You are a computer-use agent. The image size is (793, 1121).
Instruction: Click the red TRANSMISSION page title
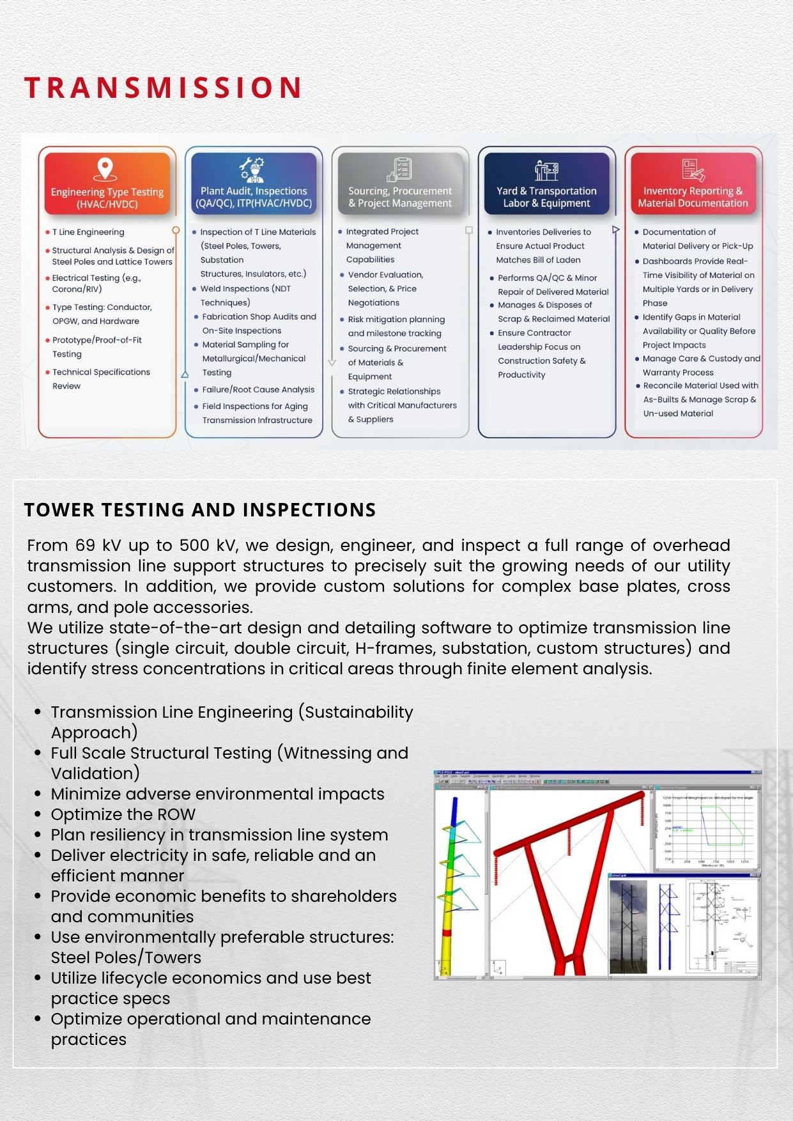pos(163,88)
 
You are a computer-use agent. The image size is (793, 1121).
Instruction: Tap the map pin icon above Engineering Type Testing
pos(105,169)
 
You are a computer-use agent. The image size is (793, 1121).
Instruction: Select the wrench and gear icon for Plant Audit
pos(252,169)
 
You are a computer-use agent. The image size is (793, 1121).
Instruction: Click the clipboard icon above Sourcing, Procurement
pos(400,169)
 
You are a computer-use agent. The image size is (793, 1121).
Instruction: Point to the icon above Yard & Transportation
pos(546,171)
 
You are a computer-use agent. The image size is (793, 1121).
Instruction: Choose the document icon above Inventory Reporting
pos(693,170)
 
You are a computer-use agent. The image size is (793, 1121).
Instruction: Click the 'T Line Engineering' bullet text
pos(88,232)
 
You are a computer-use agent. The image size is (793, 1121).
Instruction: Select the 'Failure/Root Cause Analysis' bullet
pos(258,389)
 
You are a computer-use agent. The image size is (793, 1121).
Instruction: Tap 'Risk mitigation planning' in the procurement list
pos(396,319)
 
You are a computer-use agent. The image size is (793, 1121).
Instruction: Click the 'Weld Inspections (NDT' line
pos(245,288)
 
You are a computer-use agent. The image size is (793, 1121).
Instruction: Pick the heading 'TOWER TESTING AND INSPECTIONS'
pos(200,510)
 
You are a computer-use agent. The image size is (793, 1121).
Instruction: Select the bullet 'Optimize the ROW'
pos(123,814)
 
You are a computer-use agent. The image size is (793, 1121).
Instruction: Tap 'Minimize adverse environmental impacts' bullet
pos(217,794)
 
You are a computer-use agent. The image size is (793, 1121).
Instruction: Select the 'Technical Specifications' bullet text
pos(101,372)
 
